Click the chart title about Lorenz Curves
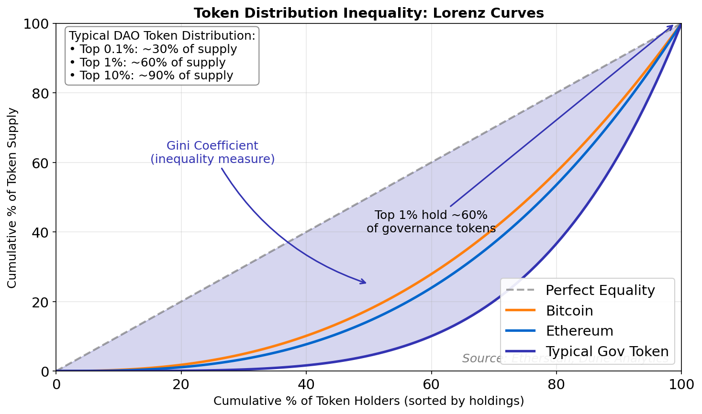(x=368, y=13)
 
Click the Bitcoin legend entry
(x=569, y=311)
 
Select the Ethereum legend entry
(x=579, y=331)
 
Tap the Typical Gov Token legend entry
(x=607, y=351)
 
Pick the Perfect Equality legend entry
(x=600, y=290)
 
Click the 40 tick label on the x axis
(x=306, y=384)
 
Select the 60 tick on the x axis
(x=431, y=384)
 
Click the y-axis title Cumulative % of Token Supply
(x=12, y=197)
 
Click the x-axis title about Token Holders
(x=368, y=401)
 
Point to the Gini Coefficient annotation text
(x=212, y=153)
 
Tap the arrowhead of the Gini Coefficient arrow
(x=364, y=283)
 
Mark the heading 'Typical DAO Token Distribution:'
(x=162, y=36)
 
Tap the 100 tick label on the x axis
(x=681, y=384)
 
